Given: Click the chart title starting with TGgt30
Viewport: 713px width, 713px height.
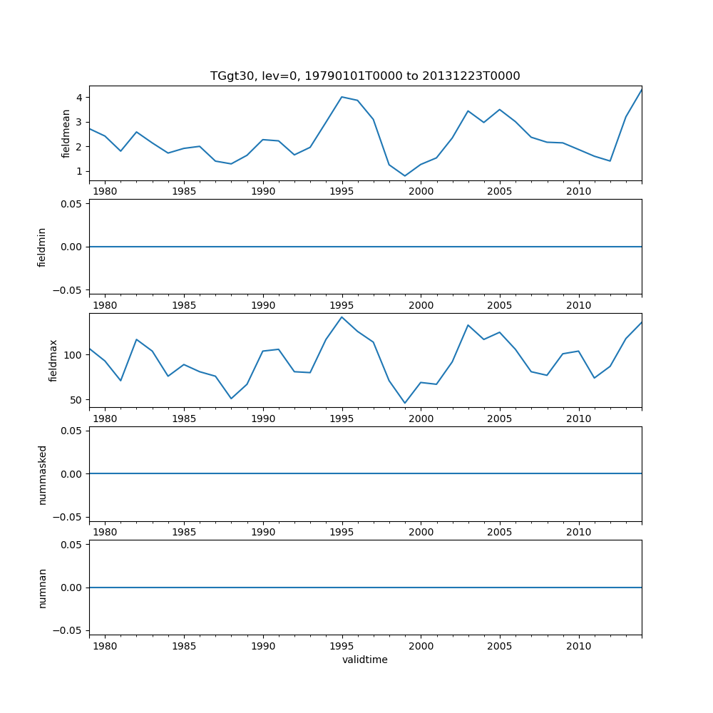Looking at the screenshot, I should [x=365, y=76].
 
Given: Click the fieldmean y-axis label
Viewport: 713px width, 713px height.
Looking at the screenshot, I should [x=66, y=133].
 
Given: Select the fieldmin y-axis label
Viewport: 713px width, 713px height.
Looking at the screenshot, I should [x=42, y=247].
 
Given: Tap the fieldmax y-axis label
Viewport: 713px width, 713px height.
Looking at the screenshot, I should [x=53, y=360].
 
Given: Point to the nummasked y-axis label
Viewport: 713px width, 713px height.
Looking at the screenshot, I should [x=42, y=474].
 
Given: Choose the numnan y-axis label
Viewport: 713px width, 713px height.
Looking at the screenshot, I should [x=42, y=588].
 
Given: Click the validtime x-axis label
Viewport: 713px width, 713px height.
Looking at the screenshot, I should [x=365, y=660].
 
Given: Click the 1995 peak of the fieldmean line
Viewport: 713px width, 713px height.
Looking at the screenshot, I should [x=342, y=97].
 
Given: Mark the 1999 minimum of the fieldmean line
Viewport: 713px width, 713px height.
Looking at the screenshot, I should [x=405, y=176].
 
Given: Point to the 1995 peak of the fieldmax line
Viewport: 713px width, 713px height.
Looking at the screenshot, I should [x=342, y=317].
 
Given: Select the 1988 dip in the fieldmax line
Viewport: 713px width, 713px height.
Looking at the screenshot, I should [x=231, y=399].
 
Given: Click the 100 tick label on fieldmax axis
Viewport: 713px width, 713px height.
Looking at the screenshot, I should [x=74, y=355].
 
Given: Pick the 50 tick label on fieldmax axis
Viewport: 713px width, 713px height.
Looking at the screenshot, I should [x=77, y=400].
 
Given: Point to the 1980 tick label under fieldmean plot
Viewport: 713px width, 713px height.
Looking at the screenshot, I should [x=105, y=191].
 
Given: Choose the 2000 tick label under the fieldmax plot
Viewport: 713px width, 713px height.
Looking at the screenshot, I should [x=421, y=419].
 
